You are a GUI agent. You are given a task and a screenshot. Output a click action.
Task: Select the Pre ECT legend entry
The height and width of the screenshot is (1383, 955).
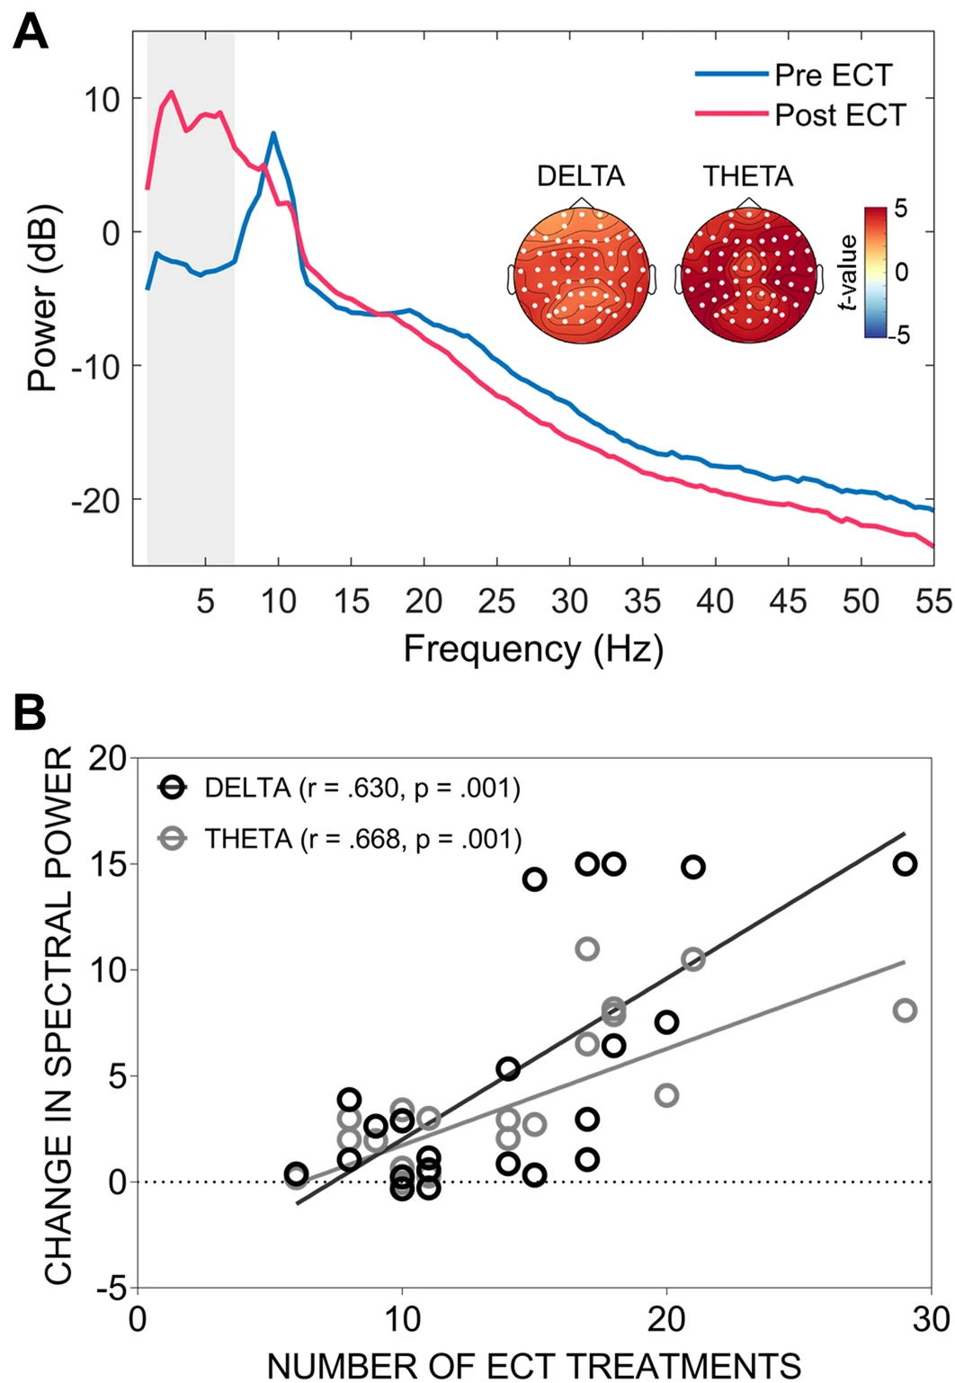click(833, 75)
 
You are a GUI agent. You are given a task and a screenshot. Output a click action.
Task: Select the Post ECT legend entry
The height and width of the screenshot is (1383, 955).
click(840, 115)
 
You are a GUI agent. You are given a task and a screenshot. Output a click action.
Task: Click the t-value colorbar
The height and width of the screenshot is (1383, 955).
click(875, 272)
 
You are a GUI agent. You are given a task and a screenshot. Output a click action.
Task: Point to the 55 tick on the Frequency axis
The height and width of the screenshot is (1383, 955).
click(933, 601)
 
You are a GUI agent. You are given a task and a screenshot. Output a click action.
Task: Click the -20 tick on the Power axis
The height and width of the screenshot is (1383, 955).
click(95, 500)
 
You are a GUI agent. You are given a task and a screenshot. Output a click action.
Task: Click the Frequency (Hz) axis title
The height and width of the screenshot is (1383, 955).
click(533, 648)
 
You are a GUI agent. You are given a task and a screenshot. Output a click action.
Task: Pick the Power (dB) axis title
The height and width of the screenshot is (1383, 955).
click(43, 299)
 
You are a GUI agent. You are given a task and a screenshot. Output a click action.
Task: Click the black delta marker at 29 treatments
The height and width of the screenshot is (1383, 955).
click(905, 863)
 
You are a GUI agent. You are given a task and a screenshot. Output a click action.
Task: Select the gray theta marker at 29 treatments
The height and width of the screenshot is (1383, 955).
click(905, 1010)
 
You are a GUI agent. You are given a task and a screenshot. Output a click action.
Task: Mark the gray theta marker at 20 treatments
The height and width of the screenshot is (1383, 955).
click(666, 1095)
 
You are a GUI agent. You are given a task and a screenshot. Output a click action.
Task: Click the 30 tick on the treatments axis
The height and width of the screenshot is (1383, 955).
click(931, 1319)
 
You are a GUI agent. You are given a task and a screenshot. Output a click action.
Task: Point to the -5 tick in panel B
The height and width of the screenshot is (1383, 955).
click(110, 1289)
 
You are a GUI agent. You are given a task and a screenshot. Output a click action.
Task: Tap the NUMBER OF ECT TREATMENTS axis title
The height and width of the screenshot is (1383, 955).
click(534, 1365)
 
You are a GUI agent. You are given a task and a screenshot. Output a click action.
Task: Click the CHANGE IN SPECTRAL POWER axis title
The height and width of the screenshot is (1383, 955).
click(59, 1017)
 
